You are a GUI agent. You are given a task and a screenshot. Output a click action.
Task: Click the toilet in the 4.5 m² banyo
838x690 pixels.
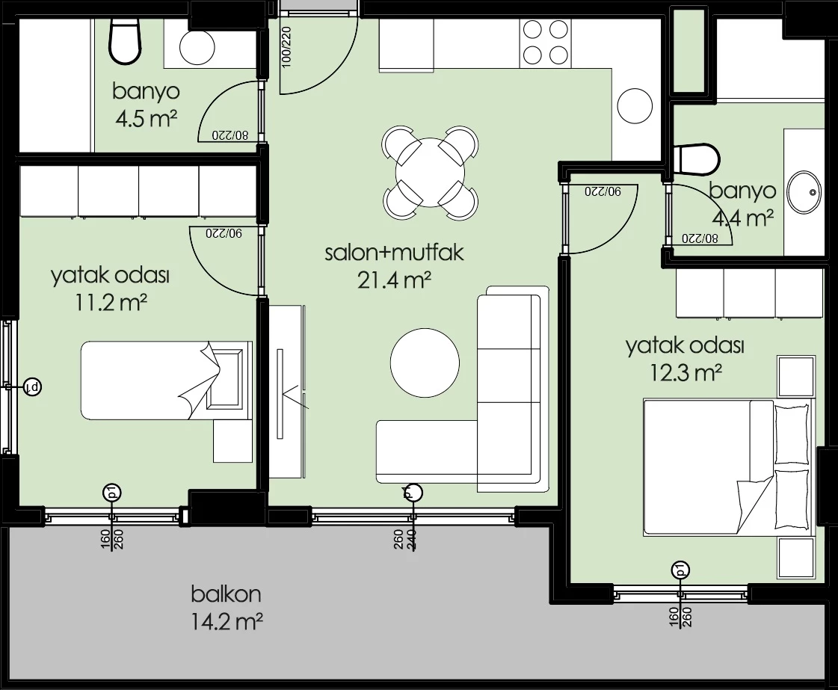point(126,42)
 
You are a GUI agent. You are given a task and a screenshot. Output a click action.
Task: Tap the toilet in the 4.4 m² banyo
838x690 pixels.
point(697,158)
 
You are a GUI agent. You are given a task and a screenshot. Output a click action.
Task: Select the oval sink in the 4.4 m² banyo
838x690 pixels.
point(804,192)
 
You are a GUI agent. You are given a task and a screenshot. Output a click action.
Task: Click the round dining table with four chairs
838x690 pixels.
point(431,172)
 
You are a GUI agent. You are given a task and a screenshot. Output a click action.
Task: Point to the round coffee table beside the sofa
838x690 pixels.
point(425,363)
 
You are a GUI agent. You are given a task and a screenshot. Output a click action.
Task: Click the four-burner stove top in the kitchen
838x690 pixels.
point(546,42)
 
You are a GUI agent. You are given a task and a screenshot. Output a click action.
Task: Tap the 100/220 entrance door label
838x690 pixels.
point(286,46)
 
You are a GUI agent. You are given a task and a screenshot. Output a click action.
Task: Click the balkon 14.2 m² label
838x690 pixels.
point(227,608)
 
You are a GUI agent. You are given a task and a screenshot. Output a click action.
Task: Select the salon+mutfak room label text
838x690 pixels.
point(395,253)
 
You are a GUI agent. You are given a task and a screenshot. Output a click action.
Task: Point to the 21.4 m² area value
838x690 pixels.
point(395,280)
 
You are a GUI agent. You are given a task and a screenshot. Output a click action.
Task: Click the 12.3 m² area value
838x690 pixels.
point(686,372)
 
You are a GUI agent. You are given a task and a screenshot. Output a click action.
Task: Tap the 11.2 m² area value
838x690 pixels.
point(111,303)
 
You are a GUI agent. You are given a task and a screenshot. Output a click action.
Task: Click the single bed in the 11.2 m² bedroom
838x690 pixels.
point(166,380)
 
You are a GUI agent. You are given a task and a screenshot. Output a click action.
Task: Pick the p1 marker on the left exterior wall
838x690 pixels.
point(33,386)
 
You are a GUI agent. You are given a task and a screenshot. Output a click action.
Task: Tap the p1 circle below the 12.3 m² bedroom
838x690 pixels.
point(680,570)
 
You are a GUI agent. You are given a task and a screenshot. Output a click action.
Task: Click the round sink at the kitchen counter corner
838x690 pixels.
point(635,106)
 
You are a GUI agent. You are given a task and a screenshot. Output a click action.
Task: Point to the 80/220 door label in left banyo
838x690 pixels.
point(229,135)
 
